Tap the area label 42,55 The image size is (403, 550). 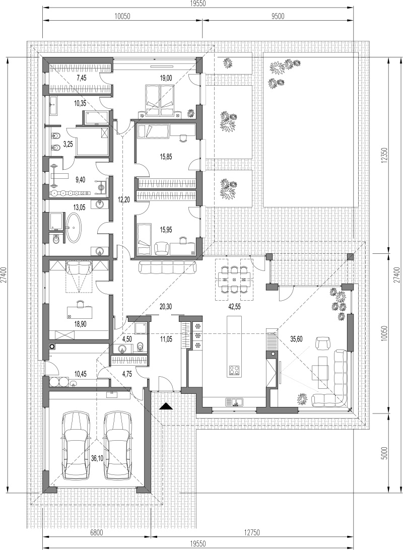(233, 307)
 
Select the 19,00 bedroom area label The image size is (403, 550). (166, 79)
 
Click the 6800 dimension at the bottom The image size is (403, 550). (96, 532)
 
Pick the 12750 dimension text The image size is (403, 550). (252, 532)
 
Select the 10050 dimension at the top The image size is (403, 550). (122, 16)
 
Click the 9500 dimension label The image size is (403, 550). (278, 16)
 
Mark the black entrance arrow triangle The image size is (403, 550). (166, 406)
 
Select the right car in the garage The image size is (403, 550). (118, 445)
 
